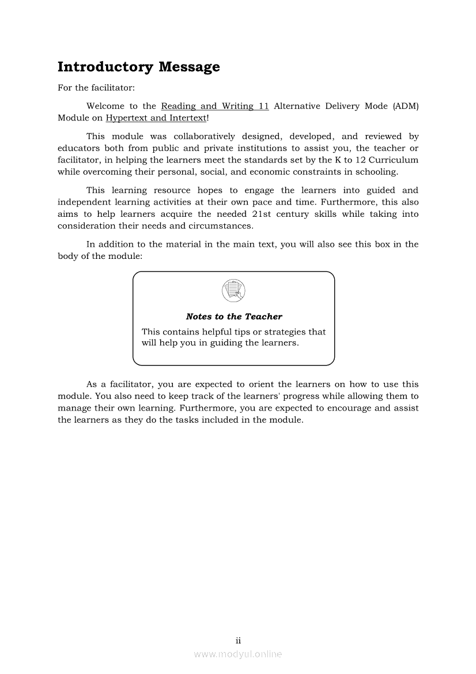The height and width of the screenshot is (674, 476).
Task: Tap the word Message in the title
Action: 189,67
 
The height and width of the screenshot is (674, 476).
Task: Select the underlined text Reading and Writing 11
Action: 215,106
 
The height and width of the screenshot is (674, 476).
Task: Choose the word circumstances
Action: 220,226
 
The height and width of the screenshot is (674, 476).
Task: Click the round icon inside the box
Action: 233,290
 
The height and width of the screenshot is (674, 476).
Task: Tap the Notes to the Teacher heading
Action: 234,317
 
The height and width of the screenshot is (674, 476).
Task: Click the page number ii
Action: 238,641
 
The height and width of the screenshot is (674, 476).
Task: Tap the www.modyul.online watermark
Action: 238,654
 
